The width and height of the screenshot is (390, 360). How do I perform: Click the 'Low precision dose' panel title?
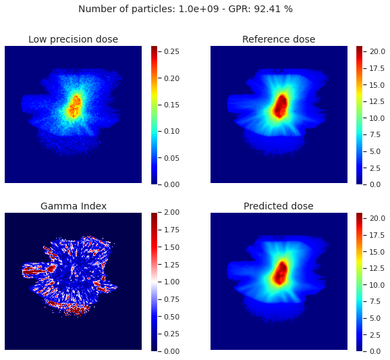[73, 39]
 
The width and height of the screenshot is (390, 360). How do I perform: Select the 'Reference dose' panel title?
[279, 39]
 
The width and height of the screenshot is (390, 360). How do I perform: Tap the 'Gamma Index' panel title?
[74, 206]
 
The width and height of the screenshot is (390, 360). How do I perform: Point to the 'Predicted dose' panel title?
[278, 206]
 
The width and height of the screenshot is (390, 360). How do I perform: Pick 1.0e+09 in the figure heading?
[199, 9]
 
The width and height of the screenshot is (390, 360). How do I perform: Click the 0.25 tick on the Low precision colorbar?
[171, 51]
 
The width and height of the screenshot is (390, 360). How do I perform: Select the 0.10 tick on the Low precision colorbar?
[171, 131]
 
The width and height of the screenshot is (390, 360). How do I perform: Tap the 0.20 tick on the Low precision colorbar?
[171, 78]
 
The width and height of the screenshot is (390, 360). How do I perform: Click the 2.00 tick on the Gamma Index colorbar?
[171, 212]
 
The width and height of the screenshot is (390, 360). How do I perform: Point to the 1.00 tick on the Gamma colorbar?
[171, 282]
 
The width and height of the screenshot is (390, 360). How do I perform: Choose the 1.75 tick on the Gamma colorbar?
[171, 230]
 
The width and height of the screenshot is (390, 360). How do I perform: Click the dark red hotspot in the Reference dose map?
[281, 106]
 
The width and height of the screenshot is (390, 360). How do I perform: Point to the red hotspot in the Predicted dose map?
[281, 273]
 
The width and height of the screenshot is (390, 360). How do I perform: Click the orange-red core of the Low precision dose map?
[75, 107]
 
